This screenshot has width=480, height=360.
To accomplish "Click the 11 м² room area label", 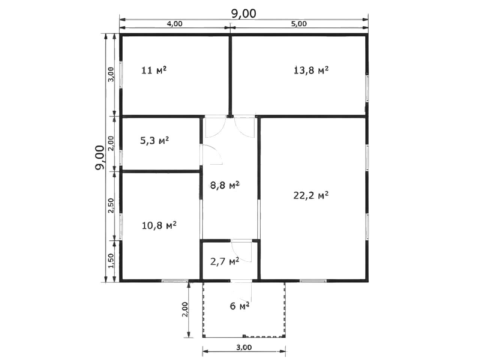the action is pyautogui.click(x=154, y=70).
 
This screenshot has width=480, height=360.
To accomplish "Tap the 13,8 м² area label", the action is pyautogui.click(x=311, y=70).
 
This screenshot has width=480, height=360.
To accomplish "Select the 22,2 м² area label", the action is pyautogui.click(x=311, y=195).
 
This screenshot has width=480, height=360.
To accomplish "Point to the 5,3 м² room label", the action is pyautogui.click(x=154, y=141).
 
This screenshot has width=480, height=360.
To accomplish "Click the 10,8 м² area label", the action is pyautogui.click(x=159, y=225).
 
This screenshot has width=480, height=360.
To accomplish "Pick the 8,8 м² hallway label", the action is pyautogui.click(x=225, y=186).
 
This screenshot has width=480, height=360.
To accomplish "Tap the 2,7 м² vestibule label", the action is pyautogui.click(x=225, y=261).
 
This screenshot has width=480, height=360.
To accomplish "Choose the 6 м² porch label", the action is pyautogui.click(x=240, y=306).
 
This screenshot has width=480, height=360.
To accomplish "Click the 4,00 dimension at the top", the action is pyautogui.click(x=174, y=24).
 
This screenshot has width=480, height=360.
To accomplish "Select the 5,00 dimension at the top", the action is pyautogui.click(x=299, y=24).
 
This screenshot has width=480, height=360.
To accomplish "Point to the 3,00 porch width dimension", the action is pyautogui.click(x=244, y=347).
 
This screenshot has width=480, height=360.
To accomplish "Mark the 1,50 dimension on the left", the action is pyautogui.click(x=111, y=261).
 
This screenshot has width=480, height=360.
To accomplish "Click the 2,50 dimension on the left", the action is pyautogui.click(x=111, y=205).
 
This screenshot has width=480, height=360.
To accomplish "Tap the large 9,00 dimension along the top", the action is pyautogui.click(x=244, y=14).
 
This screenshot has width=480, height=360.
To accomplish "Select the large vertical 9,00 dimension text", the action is pyautogui.click(x=100, y=157).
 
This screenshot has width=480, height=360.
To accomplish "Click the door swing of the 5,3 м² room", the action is pyautogui.click(x=211, y=154).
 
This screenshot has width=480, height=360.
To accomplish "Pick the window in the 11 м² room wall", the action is pyautogui.click(x=120, y=75).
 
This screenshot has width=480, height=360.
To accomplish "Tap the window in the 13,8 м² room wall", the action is pyautogui.click(x=367, y=88).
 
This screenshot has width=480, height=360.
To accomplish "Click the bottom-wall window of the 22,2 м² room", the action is pyautogui.click(x=313, y=281).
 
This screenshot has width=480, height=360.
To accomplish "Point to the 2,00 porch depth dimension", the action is pyautogui.click(x=185, y=309).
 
